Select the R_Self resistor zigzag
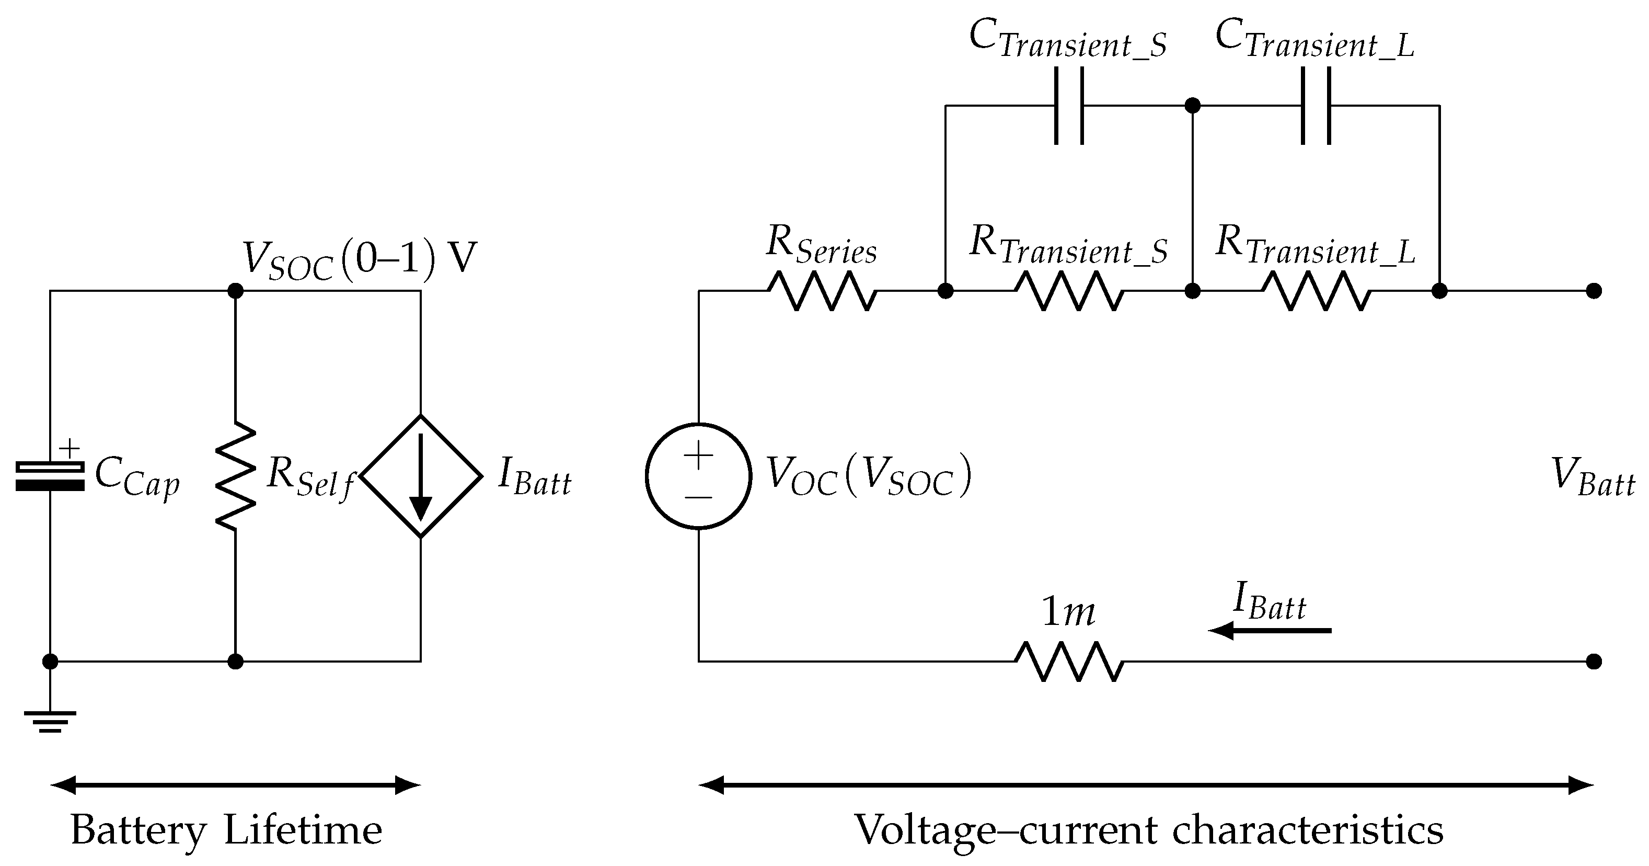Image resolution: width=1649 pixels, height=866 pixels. tap(236, 476)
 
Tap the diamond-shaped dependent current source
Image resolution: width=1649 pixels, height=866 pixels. tap(421, 476)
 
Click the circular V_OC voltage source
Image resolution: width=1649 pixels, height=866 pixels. tap(698, 476)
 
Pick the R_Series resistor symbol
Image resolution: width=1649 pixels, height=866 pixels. tap(822, 291)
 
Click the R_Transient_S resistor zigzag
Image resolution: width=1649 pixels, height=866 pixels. tap(1069, 291)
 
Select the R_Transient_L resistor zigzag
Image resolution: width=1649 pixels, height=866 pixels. tap(1316, 291)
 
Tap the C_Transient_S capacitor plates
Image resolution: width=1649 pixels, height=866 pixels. tap(1069, 106)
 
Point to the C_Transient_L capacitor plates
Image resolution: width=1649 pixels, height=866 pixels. tap(1316, 106)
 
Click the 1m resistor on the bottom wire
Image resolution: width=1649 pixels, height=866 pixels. tap(1069, 661)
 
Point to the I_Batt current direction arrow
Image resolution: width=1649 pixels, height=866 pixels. tap(1270, 631)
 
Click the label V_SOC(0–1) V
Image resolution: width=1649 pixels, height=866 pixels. tap(359, 260)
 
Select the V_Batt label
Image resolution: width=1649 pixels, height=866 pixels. tap(1593, 477)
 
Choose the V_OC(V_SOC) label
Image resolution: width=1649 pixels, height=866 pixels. tap(869, 477)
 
